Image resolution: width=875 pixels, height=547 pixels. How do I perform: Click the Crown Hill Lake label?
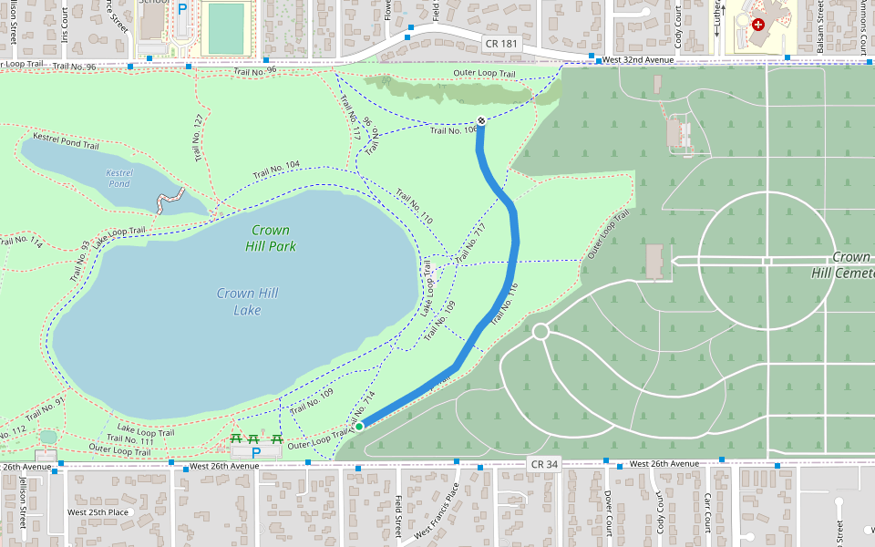pyautogui.click(x=247, y=302)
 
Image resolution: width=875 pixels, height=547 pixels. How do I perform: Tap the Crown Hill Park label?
pyautogui.click(x=271, y=238)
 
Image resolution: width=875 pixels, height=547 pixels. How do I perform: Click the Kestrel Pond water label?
pyautogui.click(x=119, y=178)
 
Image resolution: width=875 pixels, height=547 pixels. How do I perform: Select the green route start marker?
pyautogui.click(x=359, y=427)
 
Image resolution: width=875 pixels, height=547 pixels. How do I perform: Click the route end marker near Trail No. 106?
pyautogui.click(x=481, y=121)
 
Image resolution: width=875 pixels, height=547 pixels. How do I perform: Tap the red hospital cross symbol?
pyautogui.click(x=758, y=24)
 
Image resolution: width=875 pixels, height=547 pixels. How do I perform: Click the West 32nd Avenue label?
pyautogui.click(x=637, y=59)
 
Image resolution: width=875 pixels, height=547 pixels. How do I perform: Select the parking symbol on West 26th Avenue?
pyautogui.click(x=256, y=452)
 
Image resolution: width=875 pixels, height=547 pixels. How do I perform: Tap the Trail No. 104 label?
pyautogui.click(x=276, y=170)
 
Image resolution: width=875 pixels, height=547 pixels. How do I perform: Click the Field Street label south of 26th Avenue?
pyautogui.click(x=399, y=514)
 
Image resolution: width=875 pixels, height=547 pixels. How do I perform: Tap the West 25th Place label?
pyautogui.click(x=98, y=512)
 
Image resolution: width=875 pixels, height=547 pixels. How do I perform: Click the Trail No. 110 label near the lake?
pyautogui.click(x=414, y=207)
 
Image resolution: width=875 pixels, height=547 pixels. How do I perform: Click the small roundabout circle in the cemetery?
pyautogui.click(x=540, y=331)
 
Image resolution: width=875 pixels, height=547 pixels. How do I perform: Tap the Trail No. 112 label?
pyautogui.click(x=13, y=430)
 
